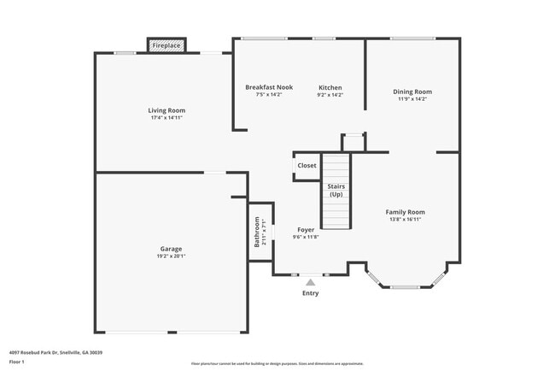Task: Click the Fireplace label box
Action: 166,44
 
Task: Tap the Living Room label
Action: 166,110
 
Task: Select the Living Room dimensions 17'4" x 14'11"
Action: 166,118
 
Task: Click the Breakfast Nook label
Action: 263,87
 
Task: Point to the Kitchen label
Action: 330,87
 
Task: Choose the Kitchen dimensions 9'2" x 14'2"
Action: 330,95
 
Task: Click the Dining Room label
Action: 412,91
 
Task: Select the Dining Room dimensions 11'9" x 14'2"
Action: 412,99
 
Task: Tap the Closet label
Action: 307,166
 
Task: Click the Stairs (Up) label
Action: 336,190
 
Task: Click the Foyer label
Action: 306,230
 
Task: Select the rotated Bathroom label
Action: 257,233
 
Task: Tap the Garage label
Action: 171,249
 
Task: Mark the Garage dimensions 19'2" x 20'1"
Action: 171,256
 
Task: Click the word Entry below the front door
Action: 310,293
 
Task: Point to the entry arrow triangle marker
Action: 310,280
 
